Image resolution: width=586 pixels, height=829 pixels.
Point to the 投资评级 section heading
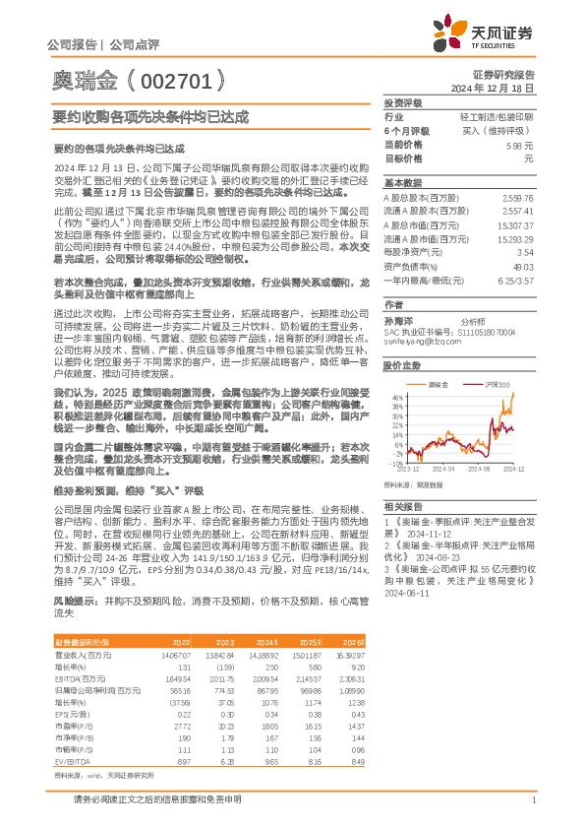402,102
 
